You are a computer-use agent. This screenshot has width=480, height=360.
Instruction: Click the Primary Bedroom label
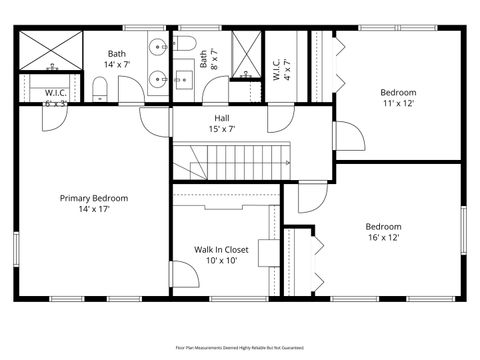tap(94, 198)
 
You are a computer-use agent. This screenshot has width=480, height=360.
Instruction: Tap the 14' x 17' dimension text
tap(94, 210)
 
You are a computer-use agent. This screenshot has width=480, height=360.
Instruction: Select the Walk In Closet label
tap(221, 249)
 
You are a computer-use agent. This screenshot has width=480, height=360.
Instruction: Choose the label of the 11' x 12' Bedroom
tap(397, 92)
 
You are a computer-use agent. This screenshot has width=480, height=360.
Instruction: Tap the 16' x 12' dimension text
tap(383, 238)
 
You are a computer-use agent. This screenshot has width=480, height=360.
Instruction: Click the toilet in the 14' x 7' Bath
tap(99, 91)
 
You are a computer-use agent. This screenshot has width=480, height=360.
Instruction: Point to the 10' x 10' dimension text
tap(221, 261)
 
